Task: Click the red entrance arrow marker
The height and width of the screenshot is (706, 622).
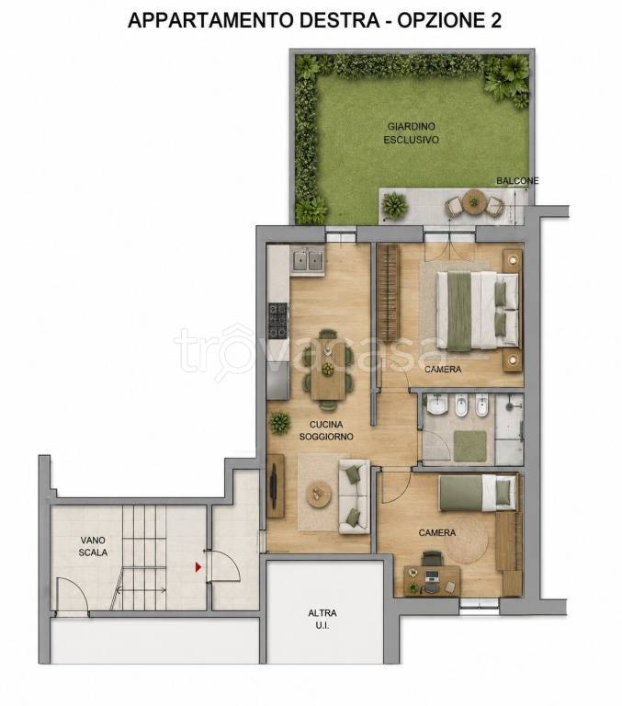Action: (198, 567)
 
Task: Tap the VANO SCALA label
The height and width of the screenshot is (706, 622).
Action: (93, 546)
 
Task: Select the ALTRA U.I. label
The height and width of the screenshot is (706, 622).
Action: (322, 619)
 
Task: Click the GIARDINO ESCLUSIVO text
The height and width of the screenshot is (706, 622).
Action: (411, 133)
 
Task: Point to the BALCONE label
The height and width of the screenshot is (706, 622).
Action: (517, 181)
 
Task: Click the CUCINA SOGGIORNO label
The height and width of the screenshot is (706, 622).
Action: (326, 430)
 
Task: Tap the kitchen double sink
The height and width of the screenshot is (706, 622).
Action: (308, 260)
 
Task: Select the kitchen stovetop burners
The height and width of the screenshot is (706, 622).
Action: (277, 320)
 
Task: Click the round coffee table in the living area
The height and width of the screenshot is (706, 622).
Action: (319, 493)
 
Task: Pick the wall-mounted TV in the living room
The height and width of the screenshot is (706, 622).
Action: (273, 485)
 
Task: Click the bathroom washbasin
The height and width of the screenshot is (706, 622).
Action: (436, 405)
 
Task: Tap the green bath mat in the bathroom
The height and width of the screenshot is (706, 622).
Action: (469, 446)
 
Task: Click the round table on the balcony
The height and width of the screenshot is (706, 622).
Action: (473, 199)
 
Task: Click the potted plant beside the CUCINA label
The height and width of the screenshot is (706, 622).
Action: (279, 422)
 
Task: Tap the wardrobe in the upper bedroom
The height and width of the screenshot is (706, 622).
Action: (389, 291)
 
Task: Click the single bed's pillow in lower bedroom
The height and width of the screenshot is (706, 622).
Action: (505, 492)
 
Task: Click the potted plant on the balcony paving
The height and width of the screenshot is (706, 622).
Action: (394, 206)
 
